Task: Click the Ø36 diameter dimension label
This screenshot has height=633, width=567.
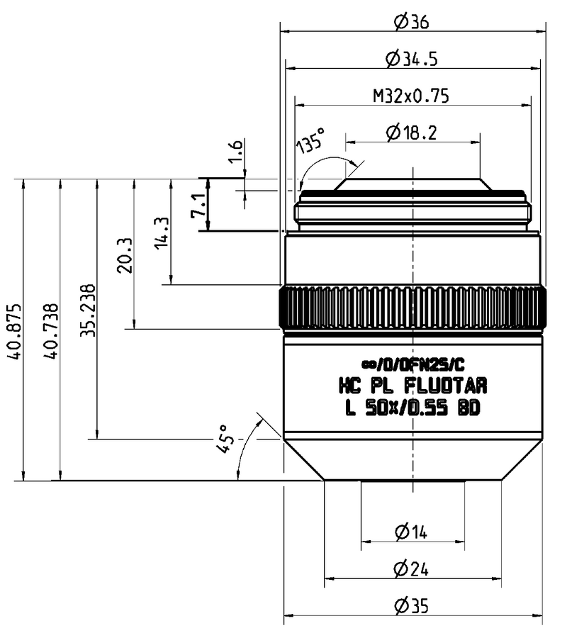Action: coord(412,22)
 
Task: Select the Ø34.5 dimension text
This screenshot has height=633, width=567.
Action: coord(412,60)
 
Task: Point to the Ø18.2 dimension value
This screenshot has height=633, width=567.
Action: coord(412,132)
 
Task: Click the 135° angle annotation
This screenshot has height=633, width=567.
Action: coord(310,144)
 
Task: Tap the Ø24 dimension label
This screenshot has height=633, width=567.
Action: coord(412,568)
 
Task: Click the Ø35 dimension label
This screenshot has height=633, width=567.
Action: coord(412,607)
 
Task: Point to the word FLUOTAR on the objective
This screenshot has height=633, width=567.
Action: coord(445,386)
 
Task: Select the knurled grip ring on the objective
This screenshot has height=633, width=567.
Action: coord(412,309)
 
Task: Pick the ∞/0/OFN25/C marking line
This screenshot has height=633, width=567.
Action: coord(412,365)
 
